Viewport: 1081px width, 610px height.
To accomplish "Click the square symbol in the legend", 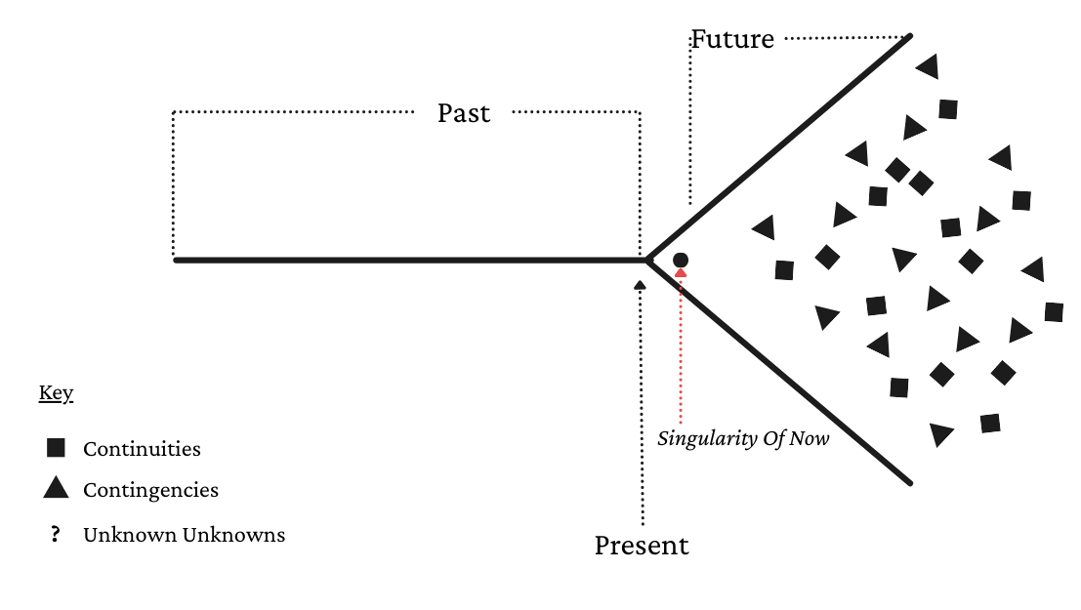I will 56,448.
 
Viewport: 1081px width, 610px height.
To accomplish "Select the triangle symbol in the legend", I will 56,487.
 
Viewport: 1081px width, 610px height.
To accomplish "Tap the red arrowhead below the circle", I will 681,272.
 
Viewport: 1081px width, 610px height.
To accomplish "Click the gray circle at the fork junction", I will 681,260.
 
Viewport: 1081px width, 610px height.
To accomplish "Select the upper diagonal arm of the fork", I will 781,146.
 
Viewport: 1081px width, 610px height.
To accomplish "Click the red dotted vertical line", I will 681,351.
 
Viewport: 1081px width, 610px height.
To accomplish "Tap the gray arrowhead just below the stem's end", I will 640,285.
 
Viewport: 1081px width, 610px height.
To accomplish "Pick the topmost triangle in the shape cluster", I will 928,66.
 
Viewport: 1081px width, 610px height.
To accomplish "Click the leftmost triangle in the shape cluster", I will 765,227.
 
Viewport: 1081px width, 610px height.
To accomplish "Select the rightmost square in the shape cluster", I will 1054,312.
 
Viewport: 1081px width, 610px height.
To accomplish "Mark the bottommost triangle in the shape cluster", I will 940,433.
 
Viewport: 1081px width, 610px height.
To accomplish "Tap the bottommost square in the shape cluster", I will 990,424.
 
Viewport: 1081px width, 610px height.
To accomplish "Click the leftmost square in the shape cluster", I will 784,270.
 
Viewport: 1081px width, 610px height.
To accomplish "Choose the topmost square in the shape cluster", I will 947,109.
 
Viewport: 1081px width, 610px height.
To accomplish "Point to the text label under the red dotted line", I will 742,440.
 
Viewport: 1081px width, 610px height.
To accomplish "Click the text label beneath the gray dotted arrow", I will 640,548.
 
